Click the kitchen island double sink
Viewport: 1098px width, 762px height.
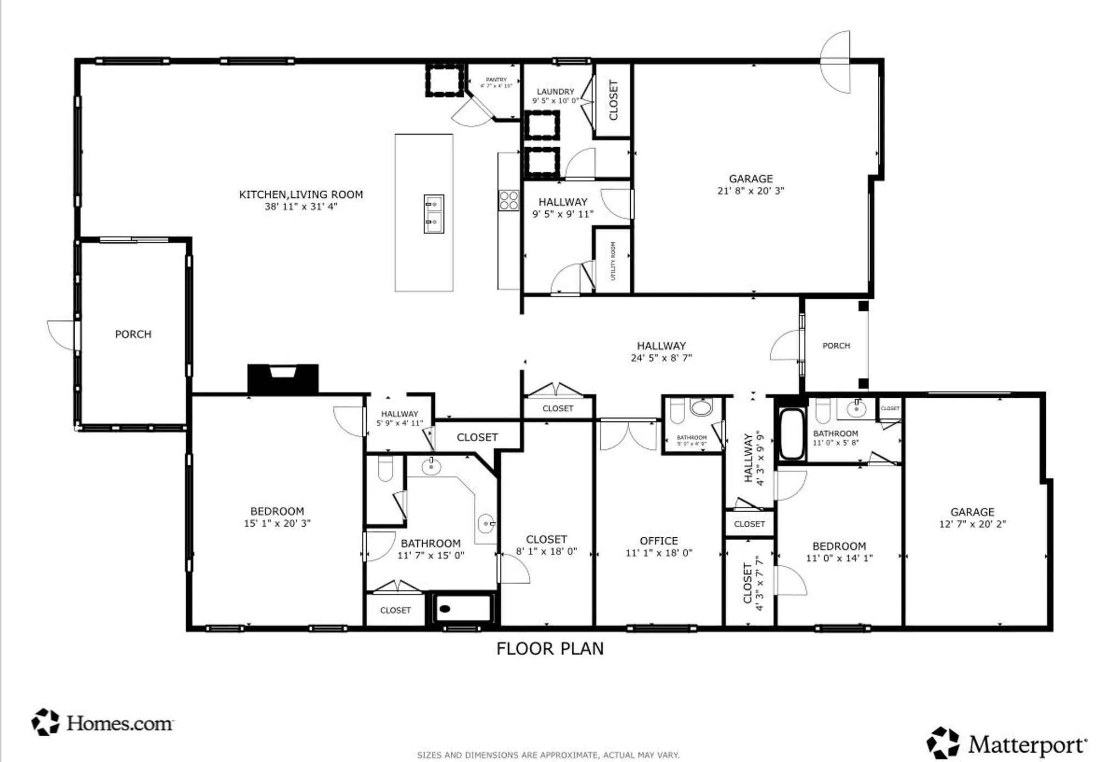coord(434,214)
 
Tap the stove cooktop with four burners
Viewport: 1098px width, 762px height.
coord(508,201)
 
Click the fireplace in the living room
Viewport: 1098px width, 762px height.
coord(283,378)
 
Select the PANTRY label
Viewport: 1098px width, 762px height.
coord(496,80)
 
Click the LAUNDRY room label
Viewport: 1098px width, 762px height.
coord(556,92)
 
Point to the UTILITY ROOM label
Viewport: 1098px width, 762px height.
coord(613,261)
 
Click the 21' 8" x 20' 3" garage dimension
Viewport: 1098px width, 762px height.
coord(750,191)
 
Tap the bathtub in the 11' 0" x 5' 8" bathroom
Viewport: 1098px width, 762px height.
coord(791,434)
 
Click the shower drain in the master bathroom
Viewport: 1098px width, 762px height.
coord(445,609)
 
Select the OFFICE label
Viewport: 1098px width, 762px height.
coord(659,541)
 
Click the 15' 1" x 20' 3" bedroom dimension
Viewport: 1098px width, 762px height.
coord(277,524)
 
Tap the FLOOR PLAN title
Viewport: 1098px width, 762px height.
coord(550,649)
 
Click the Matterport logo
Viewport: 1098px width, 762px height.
coord(1006,744)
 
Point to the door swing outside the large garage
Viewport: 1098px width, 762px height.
coord(836,62)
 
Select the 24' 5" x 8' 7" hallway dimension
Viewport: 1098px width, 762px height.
coord(661,358)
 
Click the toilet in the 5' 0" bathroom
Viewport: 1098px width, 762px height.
coord(676,411)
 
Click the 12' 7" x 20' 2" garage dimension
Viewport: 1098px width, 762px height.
coord(972,524)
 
